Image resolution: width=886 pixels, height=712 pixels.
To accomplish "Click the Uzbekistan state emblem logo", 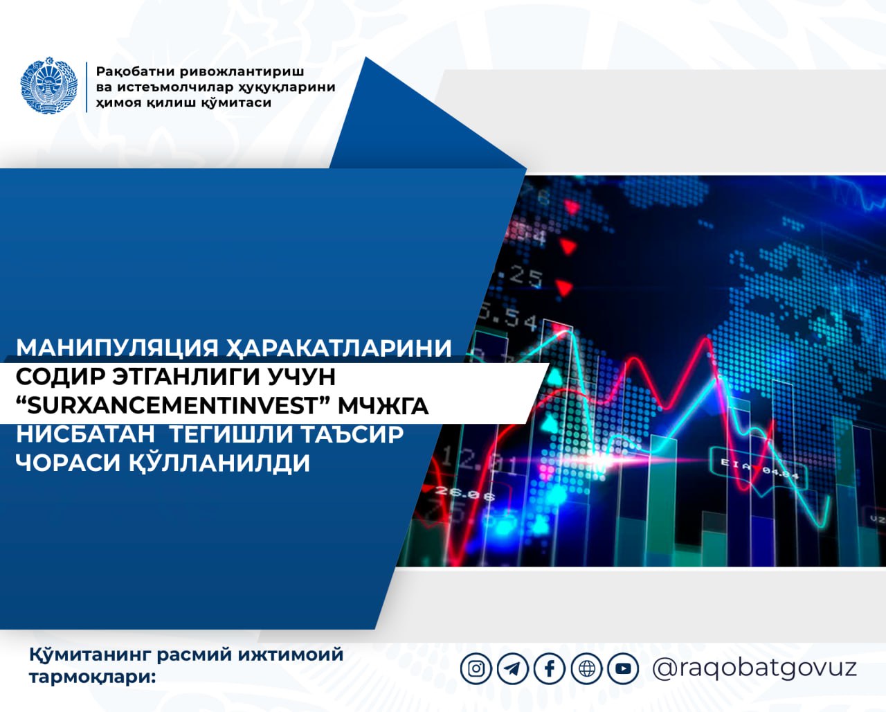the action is tap(49, 85).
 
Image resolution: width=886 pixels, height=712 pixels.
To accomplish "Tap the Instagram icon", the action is tap(476, 668).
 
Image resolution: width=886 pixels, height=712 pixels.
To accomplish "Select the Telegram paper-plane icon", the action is tap(513, 668).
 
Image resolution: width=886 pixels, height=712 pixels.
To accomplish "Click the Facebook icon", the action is tap(550, 668).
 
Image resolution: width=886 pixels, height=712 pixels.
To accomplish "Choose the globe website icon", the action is tap(587, 668).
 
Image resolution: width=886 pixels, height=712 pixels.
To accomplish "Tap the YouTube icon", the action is tap(624, 668).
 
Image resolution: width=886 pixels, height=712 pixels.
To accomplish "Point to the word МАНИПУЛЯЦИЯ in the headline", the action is tap(117, 348).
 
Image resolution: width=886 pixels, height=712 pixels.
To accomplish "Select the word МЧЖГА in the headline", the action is tap(383, 407).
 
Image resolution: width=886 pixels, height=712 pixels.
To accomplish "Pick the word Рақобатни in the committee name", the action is tap(141, 72).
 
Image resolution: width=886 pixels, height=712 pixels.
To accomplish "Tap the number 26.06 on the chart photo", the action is tap(465, 493).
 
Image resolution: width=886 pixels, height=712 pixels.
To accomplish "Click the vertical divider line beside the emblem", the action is tap(87, 87).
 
